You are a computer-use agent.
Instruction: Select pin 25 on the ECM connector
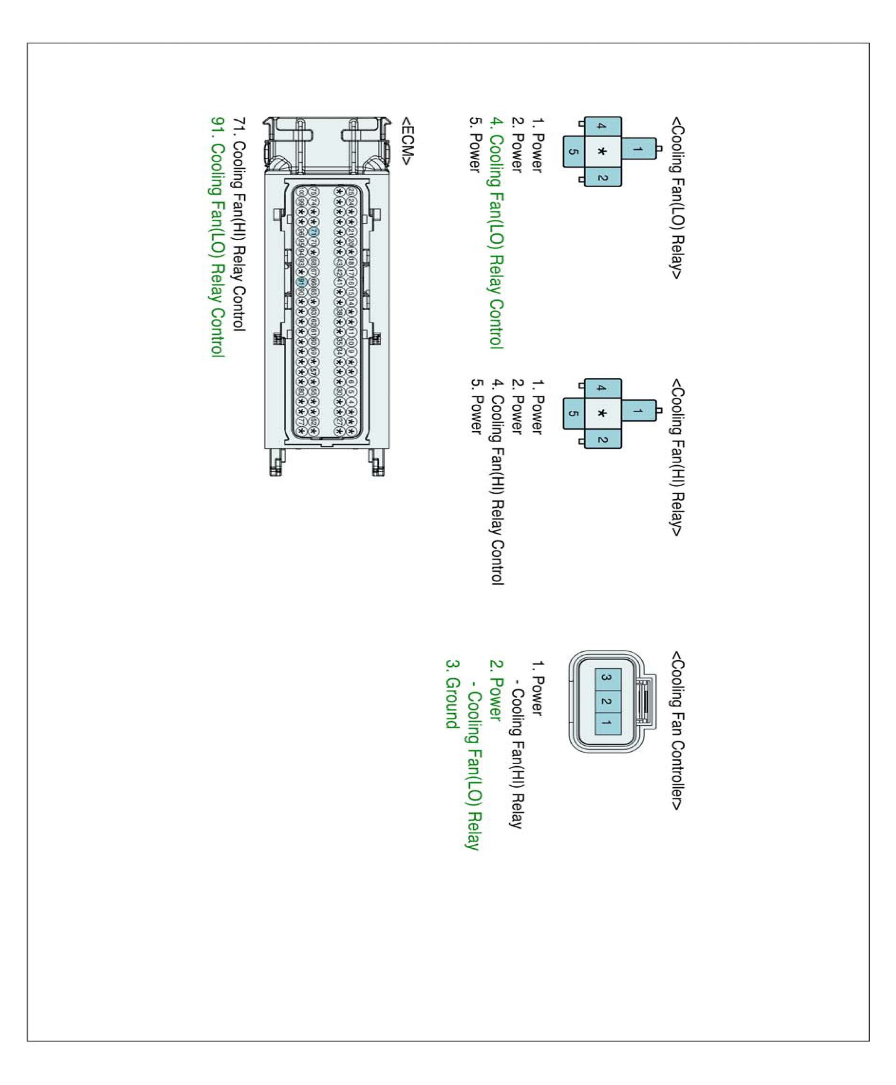coord(351,192)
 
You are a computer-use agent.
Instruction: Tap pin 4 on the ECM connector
coord(351,401)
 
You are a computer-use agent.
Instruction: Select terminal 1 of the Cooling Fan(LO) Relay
coord(638,149)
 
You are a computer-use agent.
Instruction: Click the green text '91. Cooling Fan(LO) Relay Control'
coord(218,237)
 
